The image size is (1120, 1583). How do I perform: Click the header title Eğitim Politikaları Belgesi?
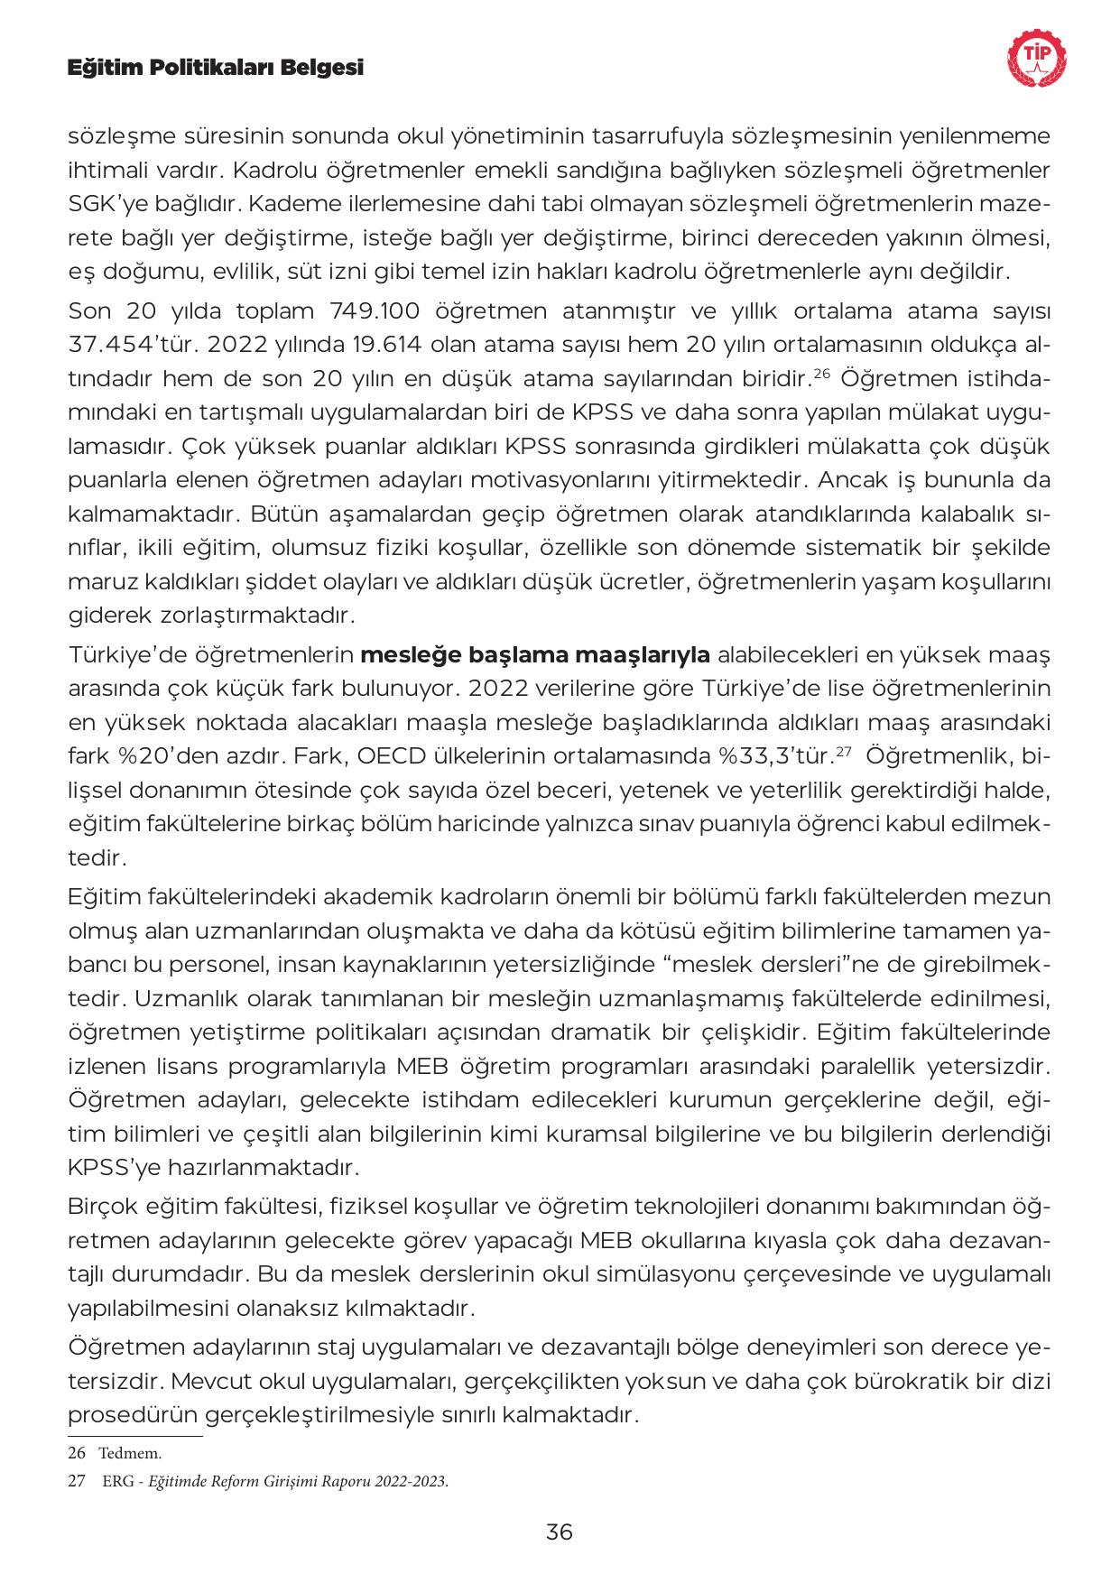click(216, 67)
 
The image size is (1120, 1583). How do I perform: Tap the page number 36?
click(560, 1532)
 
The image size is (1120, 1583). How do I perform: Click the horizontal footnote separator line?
click(135, 1435)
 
